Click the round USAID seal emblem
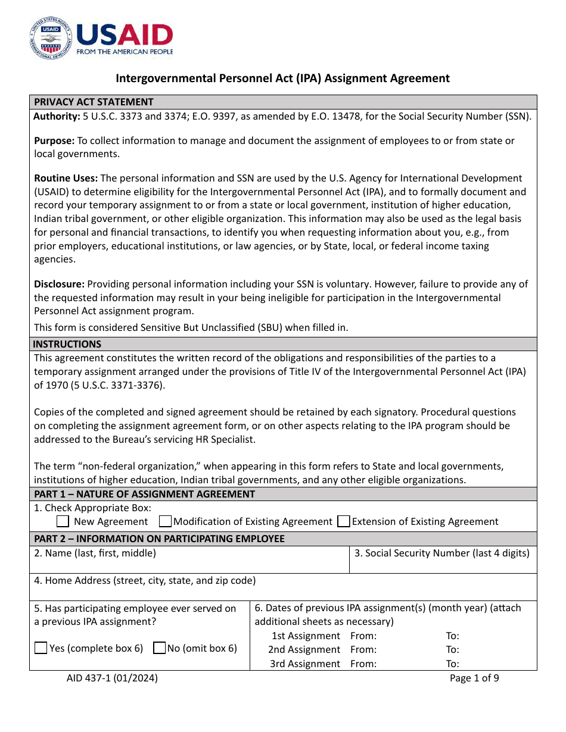pyautogui.click(x=50, y=38)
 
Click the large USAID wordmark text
pyautogui.click(x=125, y=35)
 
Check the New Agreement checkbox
pyautogui.click(x=63, y=521)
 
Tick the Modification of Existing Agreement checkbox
pyautogui.click(x=166, y=521)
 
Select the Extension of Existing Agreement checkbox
pyautogui.click(x=343, y=521)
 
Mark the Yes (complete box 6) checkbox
pyautogui.click(x=41, y=648)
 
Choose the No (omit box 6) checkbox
pyautogui.click(x=159, y=648)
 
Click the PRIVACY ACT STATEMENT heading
pyautogui.click(x=94, y=102)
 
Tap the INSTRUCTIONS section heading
pyautogui.click(x=67, y=344)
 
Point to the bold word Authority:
pyautogui.click(x=57, y=117)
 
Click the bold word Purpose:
pyautogui.click(x=54, y=140)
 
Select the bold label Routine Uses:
pyautogui.click(x=66, y=178)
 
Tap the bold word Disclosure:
pyautogui.click(x=59, y=284)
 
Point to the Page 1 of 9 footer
pyautogui.click(x=474, y=678)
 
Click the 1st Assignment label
pyautogui.click(x=306, y=636)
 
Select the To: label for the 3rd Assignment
pyautogui.click(x=453, y=664)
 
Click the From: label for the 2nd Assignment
pyautogui.click(x=363, y=649)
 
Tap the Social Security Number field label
pyautogui.click(x=441, y=553)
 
